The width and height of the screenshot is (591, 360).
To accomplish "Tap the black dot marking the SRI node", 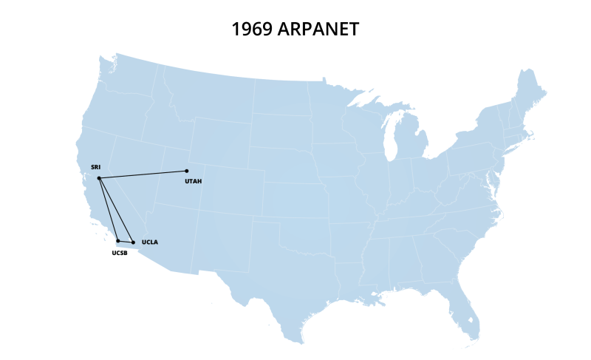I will coord(99,178).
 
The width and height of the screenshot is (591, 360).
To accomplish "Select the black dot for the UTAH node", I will coord(186,171).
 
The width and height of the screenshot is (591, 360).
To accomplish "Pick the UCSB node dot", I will coord(118,240).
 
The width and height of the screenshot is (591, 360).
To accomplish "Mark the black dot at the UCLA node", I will coord(133,242).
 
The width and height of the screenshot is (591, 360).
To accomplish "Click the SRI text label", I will coord(95,168).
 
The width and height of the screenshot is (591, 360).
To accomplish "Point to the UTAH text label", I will coord(194,180).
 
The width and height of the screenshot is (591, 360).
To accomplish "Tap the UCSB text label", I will coord(120,253).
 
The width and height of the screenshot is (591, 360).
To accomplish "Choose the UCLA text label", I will coord(150,242).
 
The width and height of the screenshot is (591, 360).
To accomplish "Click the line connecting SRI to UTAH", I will coord(143,174).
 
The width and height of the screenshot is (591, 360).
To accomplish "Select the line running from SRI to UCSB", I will coord(109,209).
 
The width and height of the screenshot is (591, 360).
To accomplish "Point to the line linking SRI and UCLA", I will coord(116,211).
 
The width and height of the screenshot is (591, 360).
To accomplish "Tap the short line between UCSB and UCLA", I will coord(126,242).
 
